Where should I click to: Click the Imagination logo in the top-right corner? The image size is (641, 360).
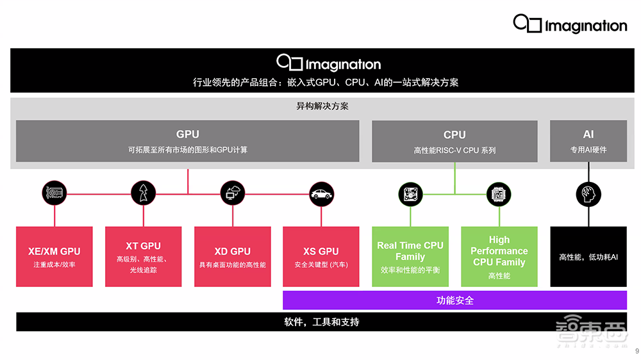pyautogui.click(x=569, y=24)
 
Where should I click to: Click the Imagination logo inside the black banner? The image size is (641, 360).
pyautogui.click(x=328, y=63)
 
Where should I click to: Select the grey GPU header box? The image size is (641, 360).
pyautogui.click(x=187, y=141)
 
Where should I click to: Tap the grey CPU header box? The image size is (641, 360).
pyautogui.click(x=454, y=141)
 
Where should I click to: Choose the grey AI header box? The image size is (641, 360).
pyautogui.click(x=588, y=141)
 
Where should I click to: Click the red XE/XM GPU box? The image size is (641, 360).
pyautogui.click(x=54, y=256)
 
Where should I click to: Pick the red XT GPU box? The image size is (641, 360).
pyautogui.click(x=143, y=256)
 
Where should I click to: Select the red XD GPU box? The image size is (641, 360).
pyautogui.click(x=232, y=256)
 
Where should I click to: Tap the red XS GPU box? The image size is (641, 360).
pyautogui.click(x=321, y=256)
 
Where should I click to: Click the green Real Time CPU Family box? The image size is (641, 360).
pyautogui.click(x=410, y=256)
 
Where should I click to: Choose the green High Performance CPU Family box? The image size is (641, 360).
pyautogui.click(x=499, y=256)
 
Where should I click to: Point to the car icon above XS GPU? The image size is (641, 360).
pyautogui.click(x=321, y=192)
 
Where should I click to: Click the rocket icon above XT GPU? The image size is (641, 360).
pyautogui.click(x=143, y=192)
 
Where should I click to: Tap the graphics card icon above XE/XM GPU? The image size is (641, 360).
pyautogui.click(x=54, y=192)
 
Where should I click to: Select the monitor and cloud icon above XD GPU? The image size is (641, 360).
pyautogui.click(x=232, y=192)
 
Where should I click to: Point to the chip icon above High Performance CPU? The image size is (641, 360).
pyautogui.click(x=499, y=193)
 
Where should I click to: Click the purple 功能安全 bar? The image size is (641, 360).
pyautogui.click(x=454, y=300)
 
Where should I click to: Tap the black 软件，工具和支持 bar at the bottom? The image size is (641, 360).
pyautogui.click(x=321, y=322)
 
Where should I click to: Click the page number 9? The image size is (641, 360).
pyautogui.click(x=637, y=351)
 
